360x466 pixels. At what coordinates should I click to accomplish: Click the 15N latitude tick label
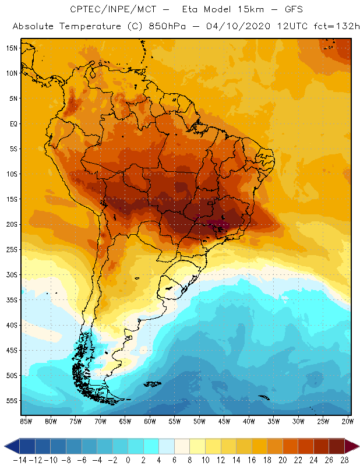point(12,48)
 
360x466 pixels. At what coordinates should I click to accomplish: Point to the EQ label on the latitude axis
point(13,123)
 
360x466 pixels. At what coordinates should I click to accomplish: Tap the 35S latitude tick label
point(12,300)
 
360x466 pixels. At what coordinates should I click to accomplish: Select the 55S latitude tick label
point(12,401)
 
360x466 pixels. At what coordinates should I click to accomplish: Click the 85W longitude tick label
point(26,421)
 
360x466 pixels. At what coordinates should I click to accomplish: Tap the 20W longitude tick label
point(348,421)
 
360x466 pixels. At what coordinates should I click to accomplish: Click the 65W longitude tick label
point(125,421)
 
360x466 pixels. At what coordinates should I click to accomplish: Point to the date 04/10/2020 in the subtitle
point(237,27)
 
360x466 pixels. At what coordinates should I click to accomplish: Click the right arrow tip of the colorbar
point(356,446)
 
